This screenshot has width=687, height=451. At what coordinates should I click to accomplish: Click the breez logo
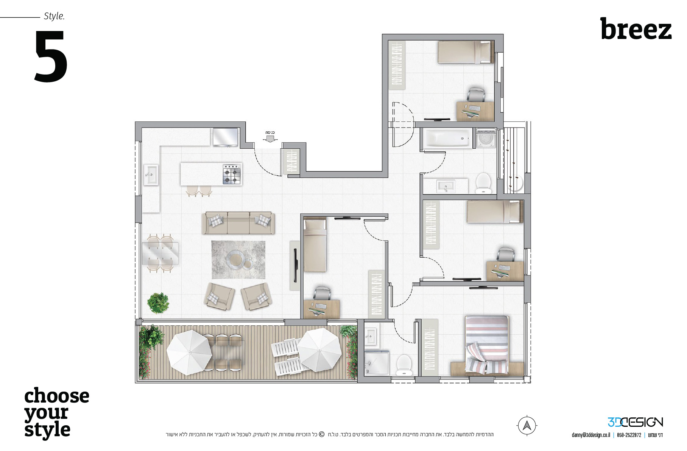click(x=636, y=29)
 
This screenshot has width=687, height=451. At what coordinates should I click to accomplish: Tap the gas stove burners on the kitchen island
click(x=232, y=174)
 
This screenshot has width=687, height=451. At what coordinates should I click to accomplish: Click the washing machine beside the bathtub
click(x=486, y=138)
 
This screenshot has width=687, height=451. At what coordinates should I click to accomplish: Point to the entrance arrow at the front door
click(x=270, y=138)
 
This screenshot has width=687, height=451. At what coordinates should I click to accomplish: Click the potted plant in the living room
click(x=158, y=303)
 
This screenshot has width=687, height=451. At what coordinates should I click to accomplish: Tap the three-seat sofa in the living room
click(x=238, y=223)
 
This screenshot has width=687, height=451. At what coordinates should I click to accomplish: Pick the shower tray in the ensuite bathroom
click(x=377, y=362)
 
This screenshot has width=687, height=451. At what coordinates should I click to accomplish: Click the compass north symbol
click(x=527, y=426)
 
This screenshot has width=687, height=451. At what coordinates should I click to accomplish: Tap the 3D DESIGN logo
click(x=635, y=422)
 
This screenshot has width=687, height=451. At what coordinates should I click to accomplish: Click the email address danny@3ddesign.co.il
click(x=590, y=435)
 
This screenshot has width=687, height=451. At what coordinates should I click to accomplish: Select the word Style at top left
click(x=54, y=16)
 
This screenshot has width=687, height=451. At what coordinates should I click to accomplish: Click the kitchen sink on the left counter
click(x=150, y=174)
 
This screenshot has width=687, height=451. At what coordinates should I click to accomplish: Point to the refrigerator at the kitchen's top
click(x=225, y=137)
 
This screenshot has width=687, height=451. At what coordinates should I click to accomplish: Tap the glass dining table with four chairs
click(x=160, y=253)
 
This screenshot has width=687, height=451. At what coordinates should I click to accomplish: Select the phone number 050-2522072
click(x=629, y=435)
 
